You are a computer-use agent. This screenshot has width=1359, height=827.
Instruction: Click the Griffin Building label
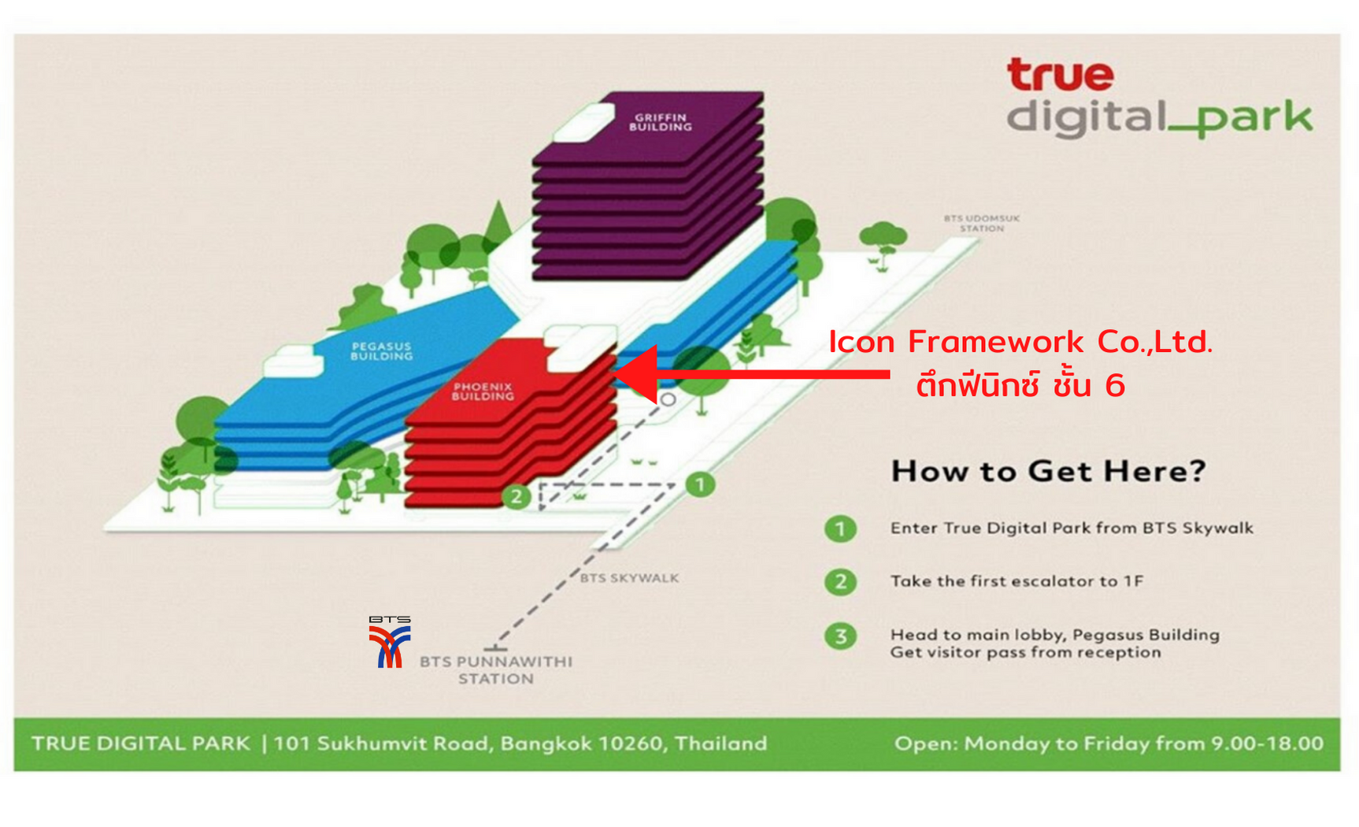(x=660, y=122)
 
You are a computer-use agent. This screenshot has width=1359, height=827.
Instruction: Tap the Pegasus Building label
(x=382, y=350)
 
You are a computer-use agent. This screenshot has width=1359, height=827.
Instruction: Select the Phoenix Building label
(x=483, y=391)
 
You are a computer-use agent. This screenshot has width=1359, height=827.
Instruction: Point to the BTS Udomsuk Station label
(x=982, y=223)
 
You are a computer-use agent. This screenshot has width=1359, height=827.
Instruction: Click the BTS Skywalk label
(x=629, y=578)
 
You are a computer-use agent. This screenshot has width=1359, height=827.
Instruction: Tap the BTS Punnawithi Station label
(x=496, y=670)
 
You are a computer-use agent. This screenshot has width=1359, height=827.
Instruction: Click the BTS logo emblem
(x=390, y=642)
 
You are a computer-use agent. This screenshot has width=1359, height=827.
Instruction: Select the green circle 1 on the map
(x=700, y=484)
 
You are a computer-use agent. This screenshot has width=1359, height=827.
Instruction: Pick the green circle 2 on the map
(x=517, y=496)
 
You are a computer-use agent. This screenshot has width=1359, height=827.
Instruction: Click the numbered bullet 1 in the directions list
(x=840, y=528)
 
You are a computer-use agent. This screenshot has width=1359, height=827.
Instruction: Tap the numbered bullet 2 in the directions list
(x=840, y=582)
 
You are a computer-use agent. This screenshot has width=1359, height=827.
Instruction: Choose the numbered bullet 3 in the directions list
(x=840, y=636)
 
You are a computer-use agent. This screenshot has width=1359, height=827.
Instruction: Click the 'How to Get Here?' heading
(x=1048, y=471)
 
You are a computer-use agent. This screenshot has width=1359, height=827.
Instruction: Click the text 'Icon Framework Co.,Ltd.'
(x=1020, y=342)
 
